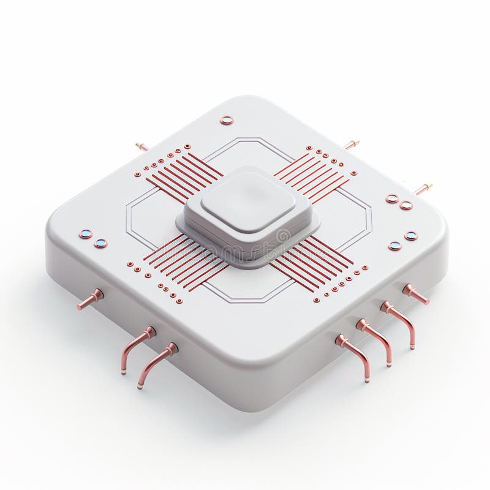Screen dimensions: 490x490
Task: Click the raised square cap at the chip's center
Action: point(248,202)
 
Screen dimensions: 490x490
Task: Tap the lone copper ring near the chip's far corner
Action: point(227,120)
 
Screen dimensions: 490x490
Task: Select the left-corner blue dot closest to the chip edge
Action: point(85,234)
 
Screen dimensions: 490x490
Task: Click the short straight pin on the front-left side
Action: point(90,300)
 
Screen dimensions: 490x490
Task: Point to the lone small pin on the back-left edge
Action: point(142,146)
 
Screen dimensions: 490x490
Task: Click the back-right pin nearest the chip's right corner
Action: point(423,189)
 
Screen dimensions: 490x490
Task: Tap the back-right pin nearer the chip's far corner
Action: point(351,145)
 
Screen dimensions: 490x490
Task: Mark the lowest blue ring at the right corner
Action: point(394,246)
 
